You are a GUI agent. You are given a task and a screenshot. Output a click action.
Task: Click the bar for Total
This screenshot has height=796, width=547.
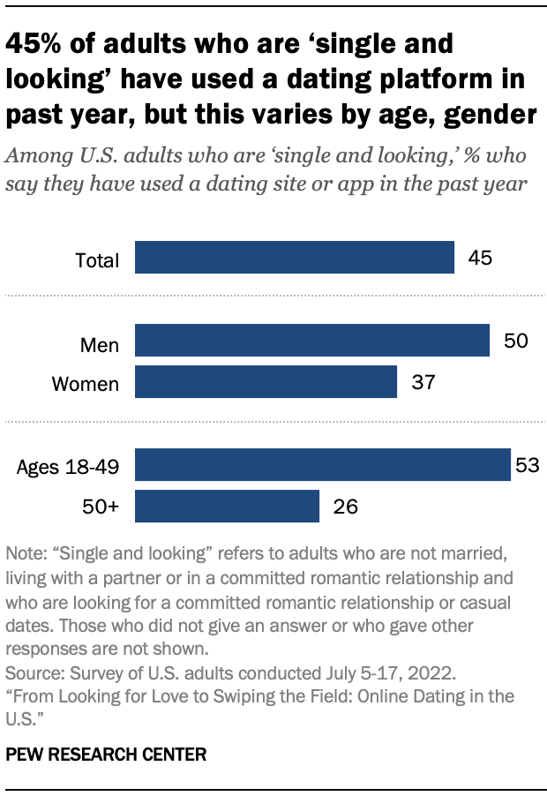click(x=294, y=259)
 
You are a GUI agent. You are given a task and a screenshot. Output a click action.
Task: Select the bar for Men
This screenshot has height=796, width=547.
click(x=311, y=341)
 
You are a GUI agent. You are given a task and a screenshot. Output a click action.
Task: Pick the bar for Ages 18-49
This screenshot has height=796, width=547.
click(x=322, y=465)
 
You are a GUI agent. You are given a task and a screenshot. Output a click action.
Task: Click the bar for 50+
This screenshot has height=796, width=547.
click(x=226, y=507)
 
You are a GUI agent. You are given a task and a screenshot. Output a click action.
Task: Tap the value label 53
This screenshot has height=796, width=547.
click(x=527, y=465)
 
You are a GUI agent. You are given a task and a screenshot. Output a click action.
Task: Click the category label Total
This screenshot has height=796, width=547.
click(x=97, y=260)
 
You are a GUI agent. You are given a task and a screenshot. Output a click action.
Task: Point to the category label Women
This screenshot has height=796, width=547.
click(x=86, y=384)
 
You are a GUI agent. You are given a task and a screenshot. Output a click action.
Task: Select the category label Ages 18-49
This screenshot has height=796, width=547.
click(x=68, y=467)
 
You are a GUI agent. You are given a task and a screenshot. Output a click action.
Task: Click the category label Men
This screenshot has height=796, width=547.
click(x=99, y=343)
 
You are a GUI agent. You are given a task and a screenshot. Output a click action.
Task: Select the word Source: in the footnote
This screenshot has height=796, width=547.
click(x=34, y=672)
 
